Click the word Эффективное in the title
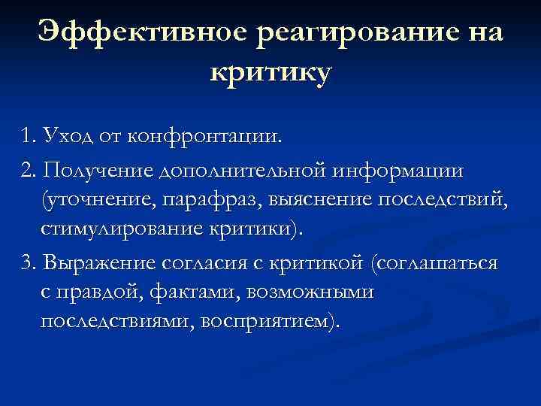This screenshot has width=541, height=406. (143, 33)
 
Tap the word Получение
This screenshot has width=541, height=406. (98, 171)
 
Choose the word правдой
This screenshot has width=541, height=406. (91, 292)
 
